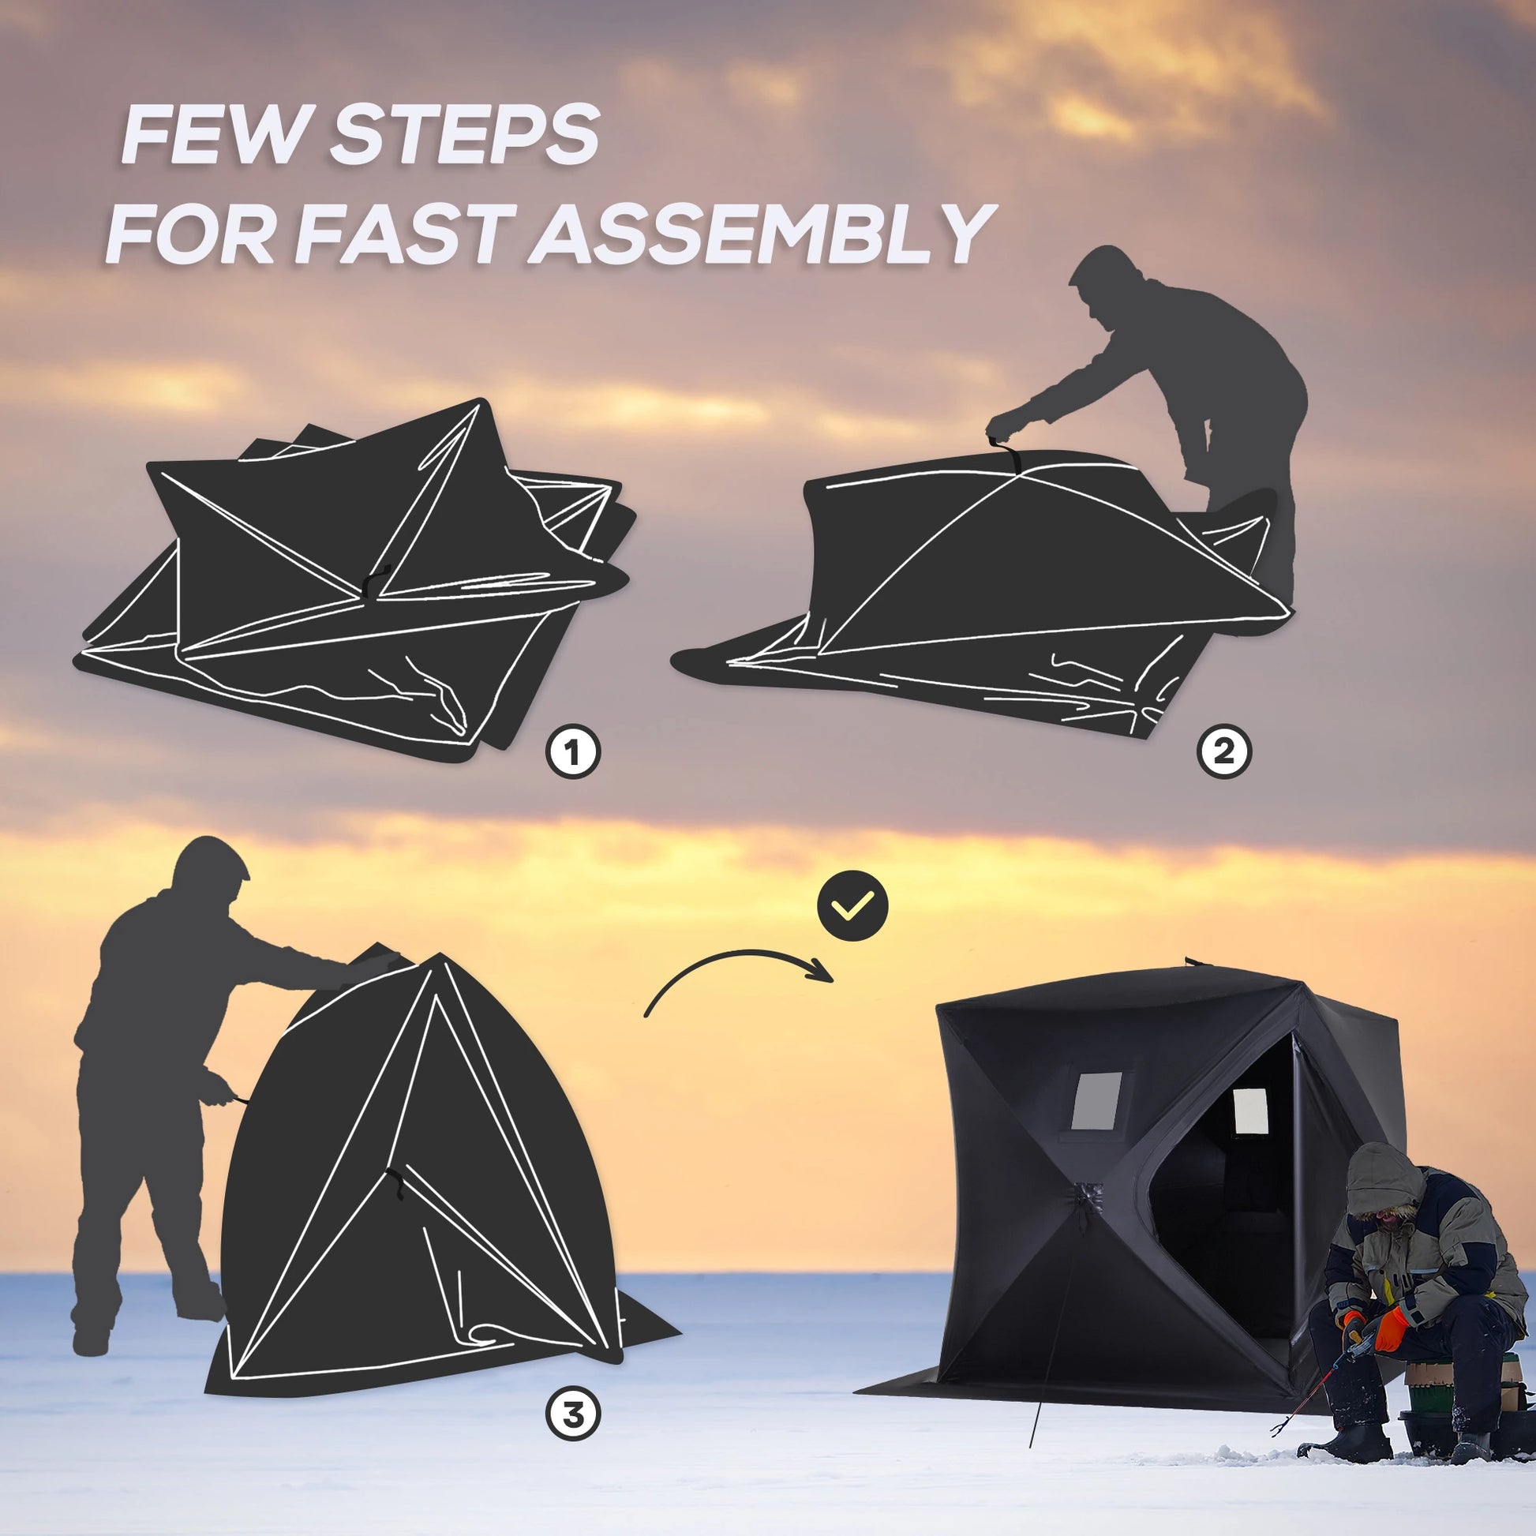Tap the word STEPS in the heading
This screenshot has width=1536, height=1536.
pyautogui.click(x=463, y=137)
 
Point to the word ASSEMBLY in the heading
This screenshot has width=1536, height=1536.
pyautogui.click(x=765, y=234)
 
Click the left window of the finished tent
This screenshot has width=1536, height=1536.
pyautogui.click(x=1096, y=1101)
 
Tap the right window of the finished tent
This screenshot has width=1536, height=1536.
pyautogui.click(x=1249, y=1111)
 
